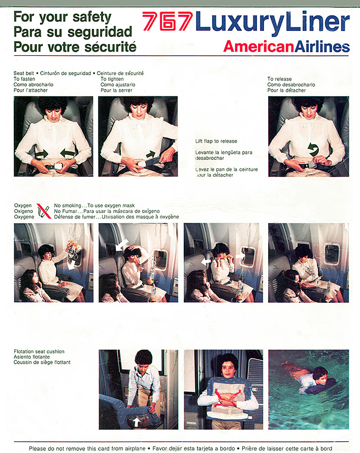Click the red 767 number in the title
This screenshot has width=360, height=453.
[x=168, y=21]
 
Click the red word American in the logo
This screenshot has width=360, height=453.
[x=258, y=47]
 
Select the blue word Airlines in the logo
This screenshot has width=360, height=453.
[x=322, y=47]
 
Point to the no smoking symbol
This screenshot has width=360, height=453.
[x=44, y=211]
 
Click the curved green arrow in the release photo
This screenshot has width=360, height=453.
[x=313, y=149]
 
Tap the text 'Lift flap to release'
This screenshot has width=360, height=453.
[x=216, y=141]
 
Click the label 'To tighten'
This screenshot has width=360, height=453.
[x=112, y=79]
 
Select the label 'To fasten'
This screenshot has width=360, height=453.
[x=24, y=79]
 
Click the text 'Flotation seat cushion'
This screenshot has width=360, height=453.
[x=39, y=352]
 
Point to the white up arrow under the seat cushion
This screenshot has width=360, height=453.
[x=136, y=422]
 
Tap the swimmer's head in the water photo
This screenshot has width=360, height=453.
[x=320, y=373]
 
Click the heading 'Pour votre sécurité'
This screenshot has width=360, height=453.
[x=75, y=47]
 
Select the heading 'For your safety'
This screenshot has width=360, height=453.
[x=62, y=17]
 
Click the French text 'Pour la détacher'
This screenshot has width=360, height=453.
[x=286, y=90]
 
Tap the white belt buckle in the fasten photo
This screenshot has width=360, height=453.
[x=58, y=166]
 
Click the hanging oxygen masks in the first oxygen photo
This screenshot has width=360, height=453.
[x=74, y=249]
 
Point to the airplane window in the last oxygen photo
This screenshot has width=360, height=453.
[x=332, y=254]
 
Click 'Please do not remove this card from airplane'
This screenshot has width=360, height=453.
[x=87, y=448]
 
